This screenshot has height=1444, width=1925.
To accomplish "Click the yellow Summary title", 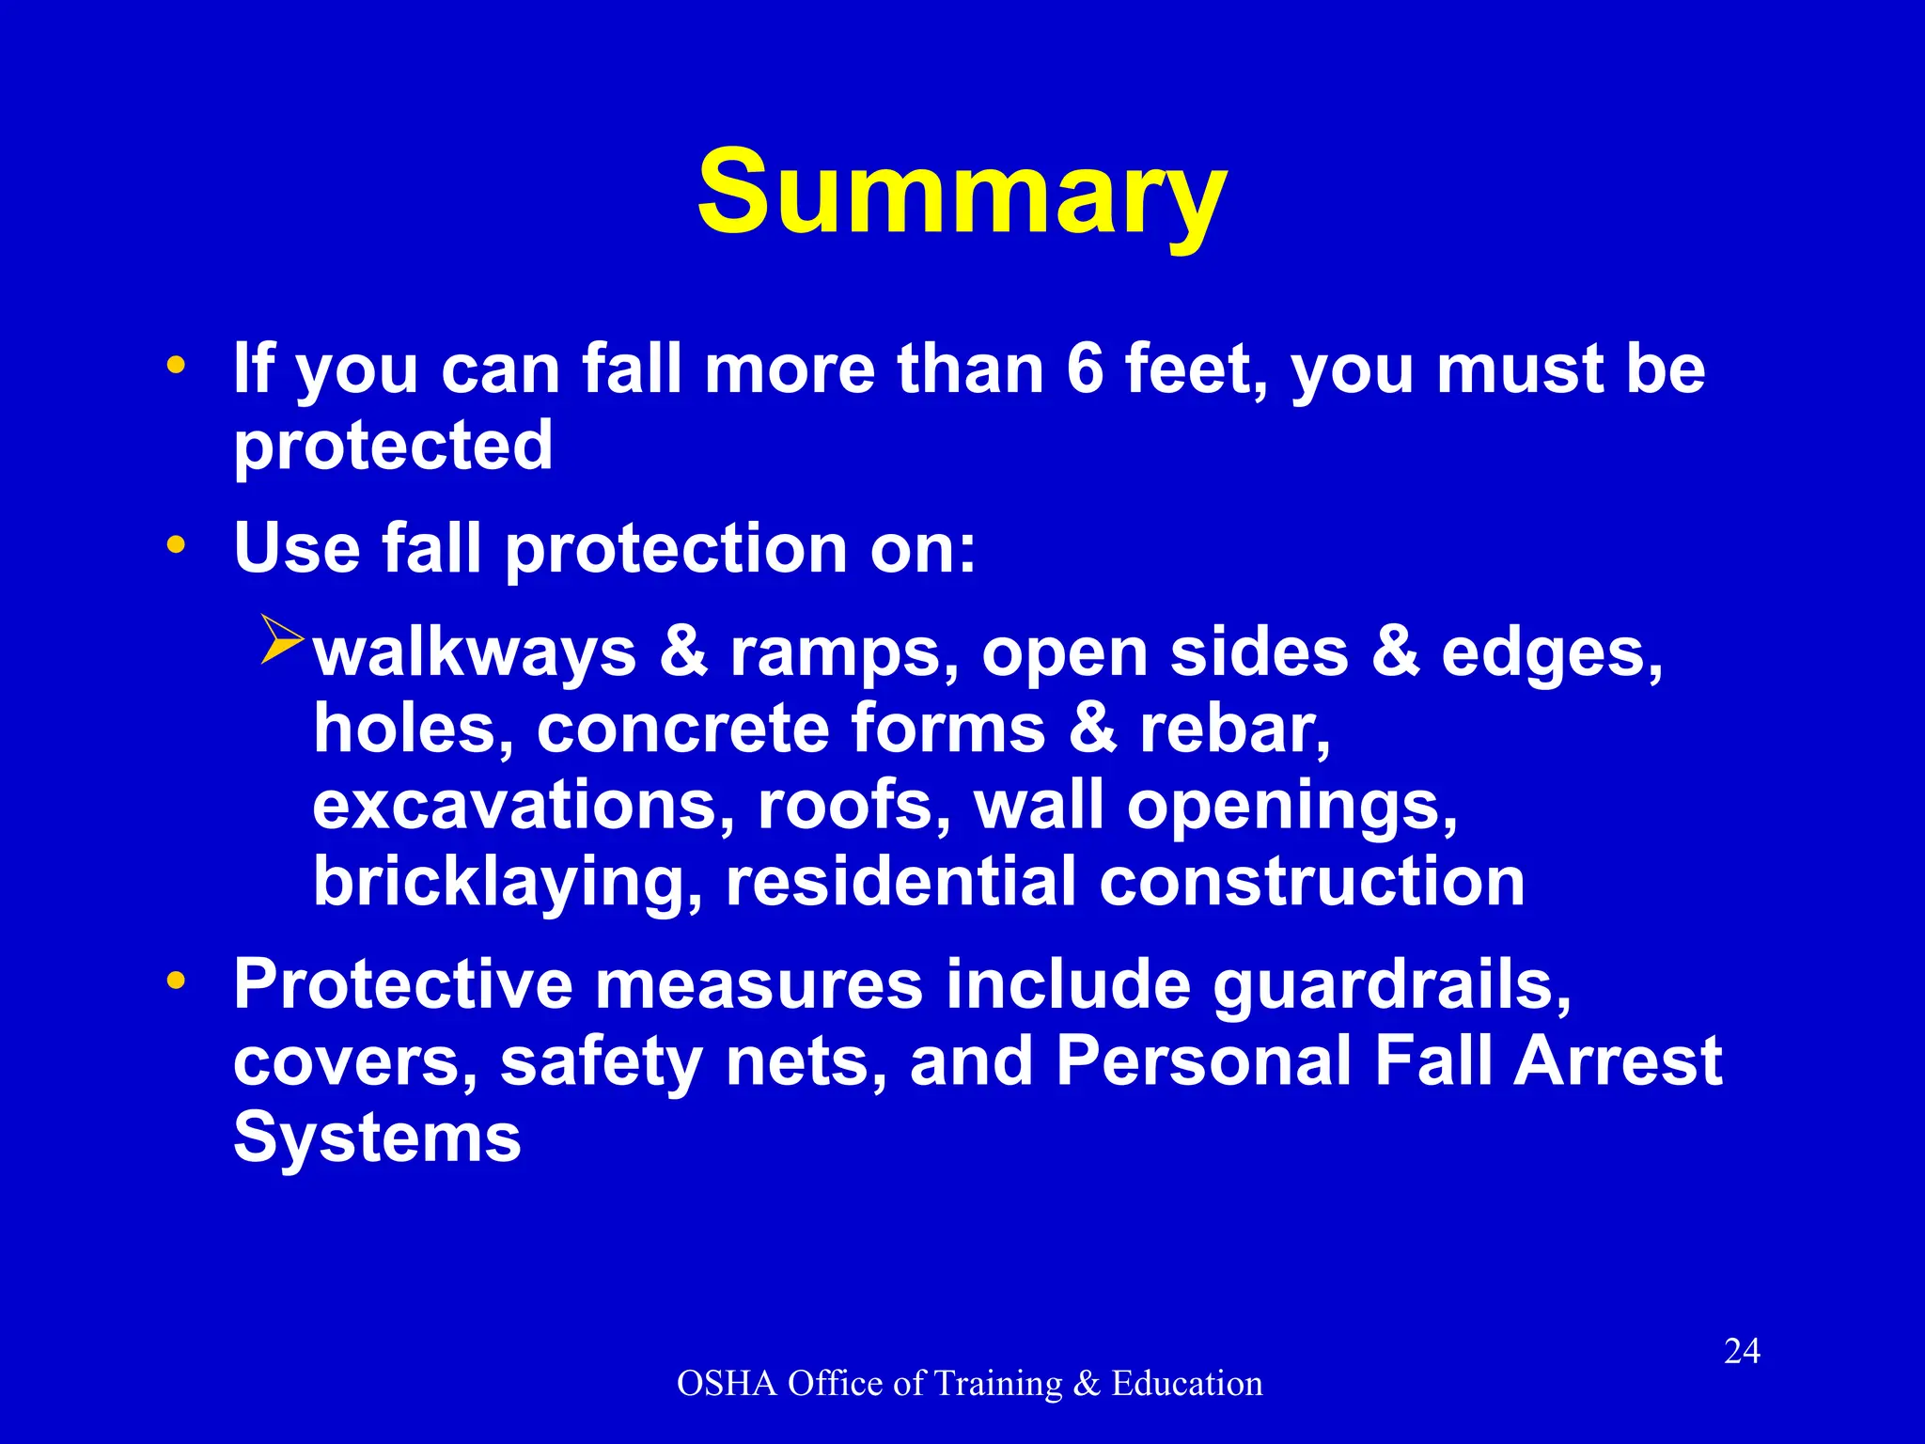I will pyautogui.click(x=962, y=193).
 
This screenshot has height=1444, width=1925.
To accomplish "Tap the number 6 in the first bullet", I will pyautogui.click(x=1085, y=369).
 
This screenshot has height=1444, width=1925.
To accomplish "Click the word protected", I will pyautogui.click(x=393, y=446).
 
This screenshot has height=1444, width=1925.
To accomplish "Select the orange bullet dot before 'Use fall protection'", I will pyautogui.click(x=176, y=544).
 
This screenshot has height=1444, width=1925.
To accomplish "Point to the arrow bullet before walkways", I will pyautogui.click(x=281, y=640).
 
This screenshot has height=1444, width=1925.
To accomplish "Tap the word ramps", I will pyautogui.click(x=835, y=653).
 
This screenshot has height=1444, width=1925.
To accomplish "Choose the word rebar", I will pyautogui.click(x=1233, y=730).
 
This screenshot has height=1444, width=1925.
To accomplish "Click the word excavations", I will pyautogui.click(x=524, y=806).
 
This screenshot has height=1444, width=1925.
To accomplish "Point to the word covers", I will pyautogui.click(x=355, y=1062).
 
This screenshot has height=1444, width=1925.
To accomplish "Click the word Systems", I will pyautogui.click(x=377, y=1138).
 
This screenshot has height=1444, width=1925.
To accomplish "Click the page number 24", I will pyautogui.click(x=1742, y=1352).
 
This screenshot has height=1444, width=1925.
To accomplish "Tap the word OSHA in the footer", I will pyautogui.click(x=727, y=1384).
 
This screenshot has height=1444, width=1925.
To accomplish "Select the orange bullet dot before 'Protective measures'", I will pyautogui.click(x=176, y=981).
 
